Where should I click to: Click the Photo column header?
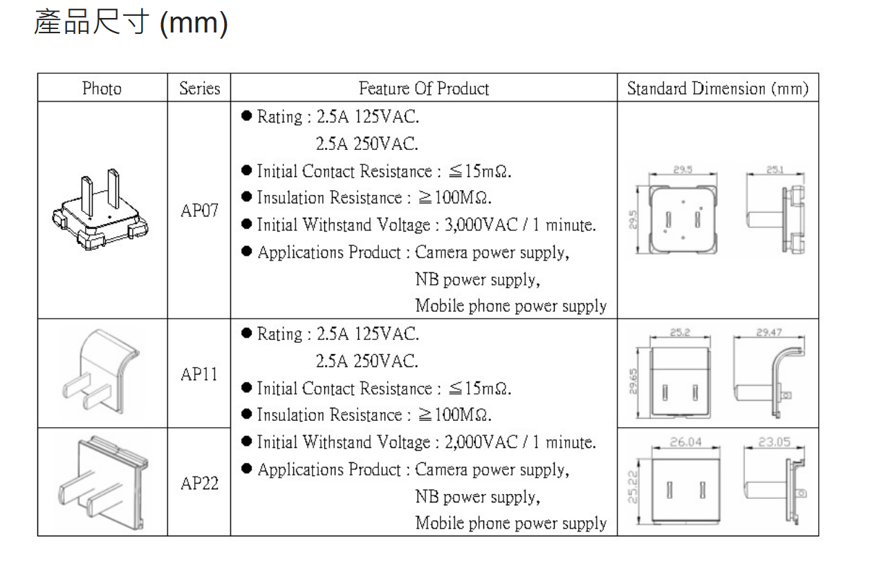102,88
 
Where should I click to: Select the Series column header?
199,88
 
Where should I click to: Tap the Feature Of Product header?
424,88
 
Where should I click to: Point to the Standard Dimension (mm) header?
718,88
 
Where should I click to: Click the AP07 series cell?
199,210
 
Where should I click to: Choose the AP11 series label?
199,375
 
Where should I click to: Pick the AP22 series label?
199,483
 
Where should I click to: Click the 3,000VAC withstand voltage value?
481,225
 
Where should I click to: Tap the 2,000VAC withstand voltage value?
481,442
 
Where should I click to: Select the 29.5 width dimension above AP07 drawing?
683,169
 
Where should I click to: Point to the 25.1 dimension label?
775,169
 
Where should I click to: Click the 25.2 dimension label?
681,332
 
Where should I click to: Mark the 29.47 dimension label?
769,332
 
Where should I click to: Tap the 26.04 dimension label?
686,442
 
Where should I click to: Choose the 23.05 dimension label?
775,442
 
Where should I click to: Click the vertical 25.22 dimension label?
633,487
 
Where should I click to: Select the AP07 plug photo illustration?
100,209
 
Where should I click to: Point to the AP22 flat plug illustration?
103,483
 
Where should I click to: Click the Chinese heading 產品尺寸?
91,22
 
